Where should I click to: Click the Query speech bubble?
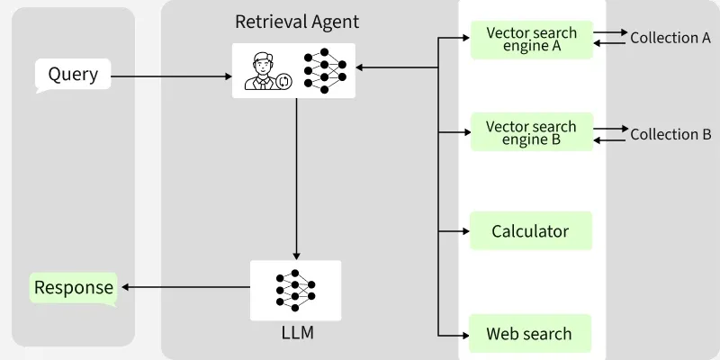click(x=73, y=75)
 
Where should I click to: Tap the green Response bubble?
click(x=74, y=288)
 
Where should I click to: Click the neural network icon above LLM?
click(x=295, y=289)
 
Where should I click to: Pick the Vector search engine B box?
click(x=531, y=133)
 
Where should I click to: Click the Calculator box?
click(x=531, y=231)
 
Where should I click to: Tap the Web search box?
click(x=531, y=334)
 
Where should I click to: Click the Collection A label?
click(x=670, y=38)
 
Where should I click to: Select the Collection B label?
click(x=670, y=134)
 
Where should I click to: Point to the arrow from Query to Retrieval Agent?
click(x=171, y=76)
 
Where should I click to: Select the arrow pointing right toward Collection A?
click(x=611, y=32)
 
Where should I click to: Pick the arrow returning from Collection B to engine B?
click(x=611, y=139)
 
